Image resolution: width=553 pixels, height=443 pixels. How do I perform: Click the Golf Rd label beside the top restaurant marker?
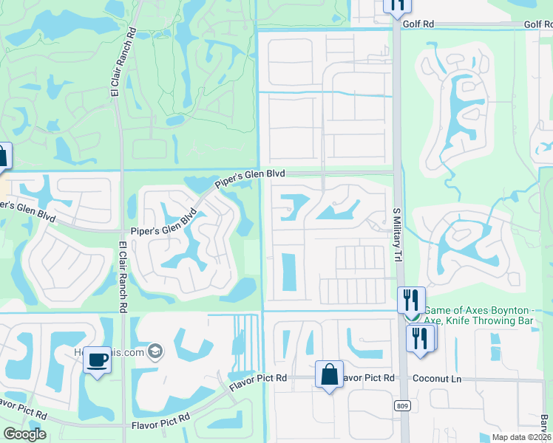click(x=418, y=24)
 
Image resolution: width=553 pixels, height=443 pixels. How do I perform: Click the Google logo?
click(x=24, y=434)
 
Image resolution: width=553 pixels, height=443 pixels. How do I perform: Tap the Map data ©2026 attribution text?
click(x=520, y=437)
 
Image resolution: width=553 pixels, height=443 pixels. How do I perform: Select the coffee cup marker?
click(x=97, y=360)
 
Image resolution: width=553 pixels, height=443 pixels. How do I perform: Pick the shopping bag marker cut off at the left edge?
click(x=3, y=156)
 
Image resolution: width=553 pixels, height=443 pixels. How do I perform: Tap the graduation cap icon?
click(x=155, y=349)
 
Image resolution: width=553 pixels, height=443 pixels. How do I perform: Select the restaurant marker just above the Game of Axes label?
click(x=411, y=300)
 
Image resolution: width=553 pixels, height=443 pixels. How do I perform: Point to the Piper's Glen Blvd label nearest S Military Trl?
click(x=250, y=178)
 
